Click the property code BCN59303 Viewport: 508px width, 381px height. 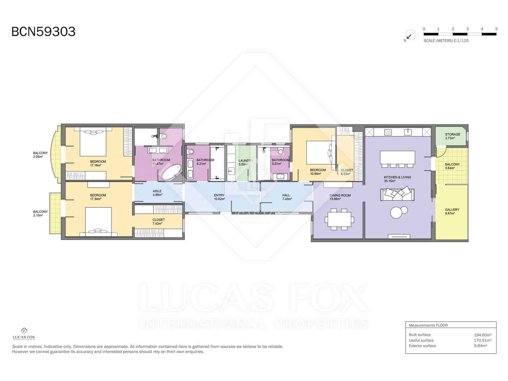[43, 32]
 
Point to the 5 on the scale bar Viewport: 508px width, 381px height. [496, 29]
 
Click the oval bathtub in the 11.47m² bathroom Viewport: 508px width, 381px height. [171, 172]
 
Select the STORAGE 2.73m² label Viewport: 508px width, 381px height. [452, 136]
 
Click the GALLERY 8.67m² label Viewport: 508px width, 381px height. [452, 211]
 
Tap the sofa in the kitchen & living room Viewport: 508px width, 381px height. [398, 194]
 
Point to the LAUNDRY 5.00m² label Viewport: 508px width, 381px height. [245, 162]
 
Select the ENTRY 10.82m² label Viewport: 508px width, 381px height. [219, 197]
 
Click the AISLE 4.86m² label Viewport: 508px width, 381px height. [157, 193]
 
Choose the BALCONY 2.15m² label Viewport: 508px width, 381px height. [40, 213]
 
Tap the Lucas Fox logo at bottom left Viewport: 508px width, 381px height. [24, 334]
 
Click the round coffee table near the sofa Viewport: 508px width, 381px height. [397, 212]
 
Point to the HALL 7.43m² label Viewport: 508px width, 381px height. [286, 197]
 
